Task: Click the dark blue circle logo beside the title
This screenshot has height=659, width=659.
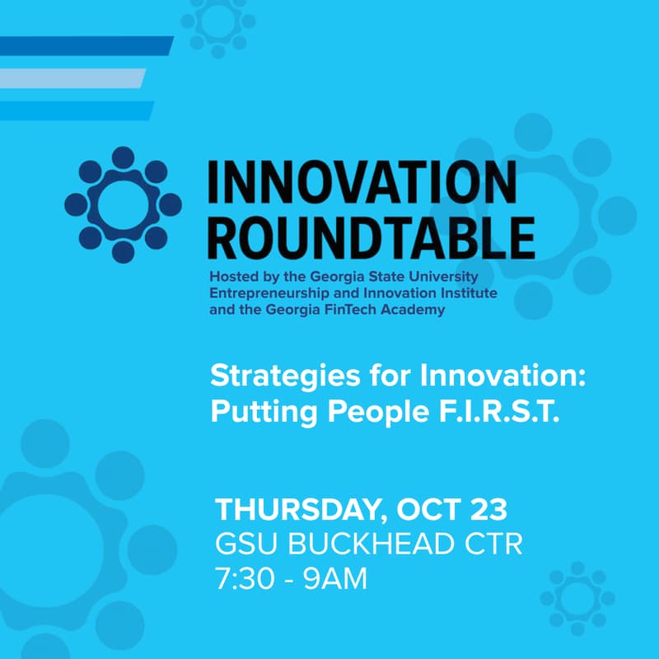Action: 123,203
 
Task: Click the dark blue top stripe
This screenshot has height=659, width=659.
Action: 82,45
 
